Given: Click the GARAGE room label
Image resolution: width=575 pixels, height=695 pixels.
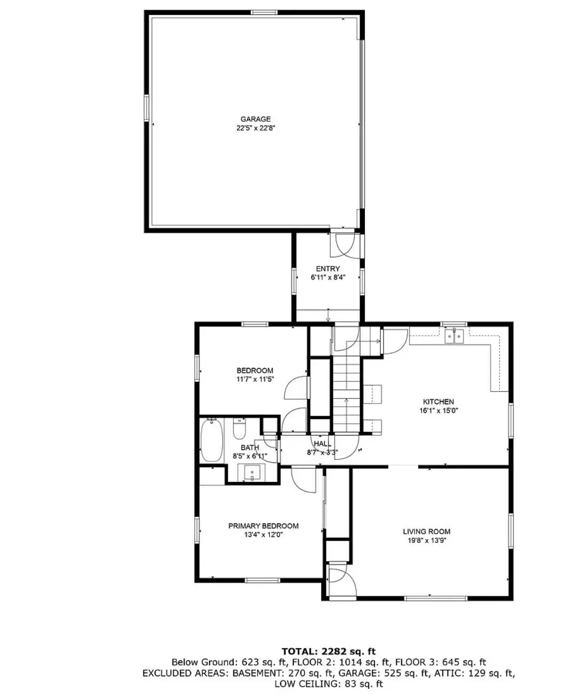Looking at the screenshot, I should coord(255,119).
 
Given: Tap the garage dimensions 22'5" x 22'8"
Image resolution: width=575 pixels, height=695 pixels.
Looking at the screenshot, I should coord(255,128).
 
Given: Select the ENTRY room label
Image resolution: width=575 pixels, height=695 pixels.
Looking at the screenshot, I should coord(328,268).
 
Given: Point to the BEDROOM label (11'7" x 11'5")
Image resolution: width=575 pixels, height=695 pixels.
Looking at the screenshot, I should coord(255,370).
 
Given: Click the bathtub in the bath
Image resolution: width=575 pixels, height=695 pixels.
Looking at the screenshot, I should coord(212,440).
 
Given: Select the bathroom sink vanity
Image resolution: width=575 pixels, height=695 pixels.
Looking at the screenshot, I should coord(252,472).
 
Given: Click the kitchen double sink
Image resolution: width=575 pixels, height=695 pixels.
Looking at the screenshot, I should coord(454,336).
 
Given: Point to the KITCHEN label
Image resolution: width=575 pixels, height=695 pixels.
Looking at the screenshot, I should coord(438,401).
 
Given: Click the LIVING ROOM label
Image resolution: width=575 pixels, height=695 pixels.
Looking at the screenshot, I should coord(426,531).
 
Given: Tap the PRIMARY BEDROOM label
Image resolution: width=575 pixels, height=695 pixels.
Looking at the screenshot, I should coord(263,526).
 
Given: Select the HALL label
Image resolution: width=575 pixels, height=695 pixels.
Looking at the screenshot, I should coord(322,444).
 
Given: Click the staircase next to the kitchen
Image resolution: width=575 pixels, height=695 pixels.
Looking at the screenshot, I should coord(347,384).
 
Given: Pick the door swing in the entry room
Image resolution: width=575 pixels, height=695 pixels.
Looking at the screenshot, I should coord(342,243).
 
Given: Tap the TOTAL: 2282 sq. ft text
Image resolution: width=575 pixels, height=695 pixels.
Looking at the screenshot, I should coord(329,651).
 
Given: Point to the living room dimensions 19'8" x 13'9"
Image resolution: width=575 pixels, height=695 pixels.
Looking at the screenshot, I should coord(426,540).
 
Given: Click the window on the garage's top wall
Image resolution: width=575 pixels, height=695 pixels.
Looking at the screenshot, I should coord(264,12).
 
